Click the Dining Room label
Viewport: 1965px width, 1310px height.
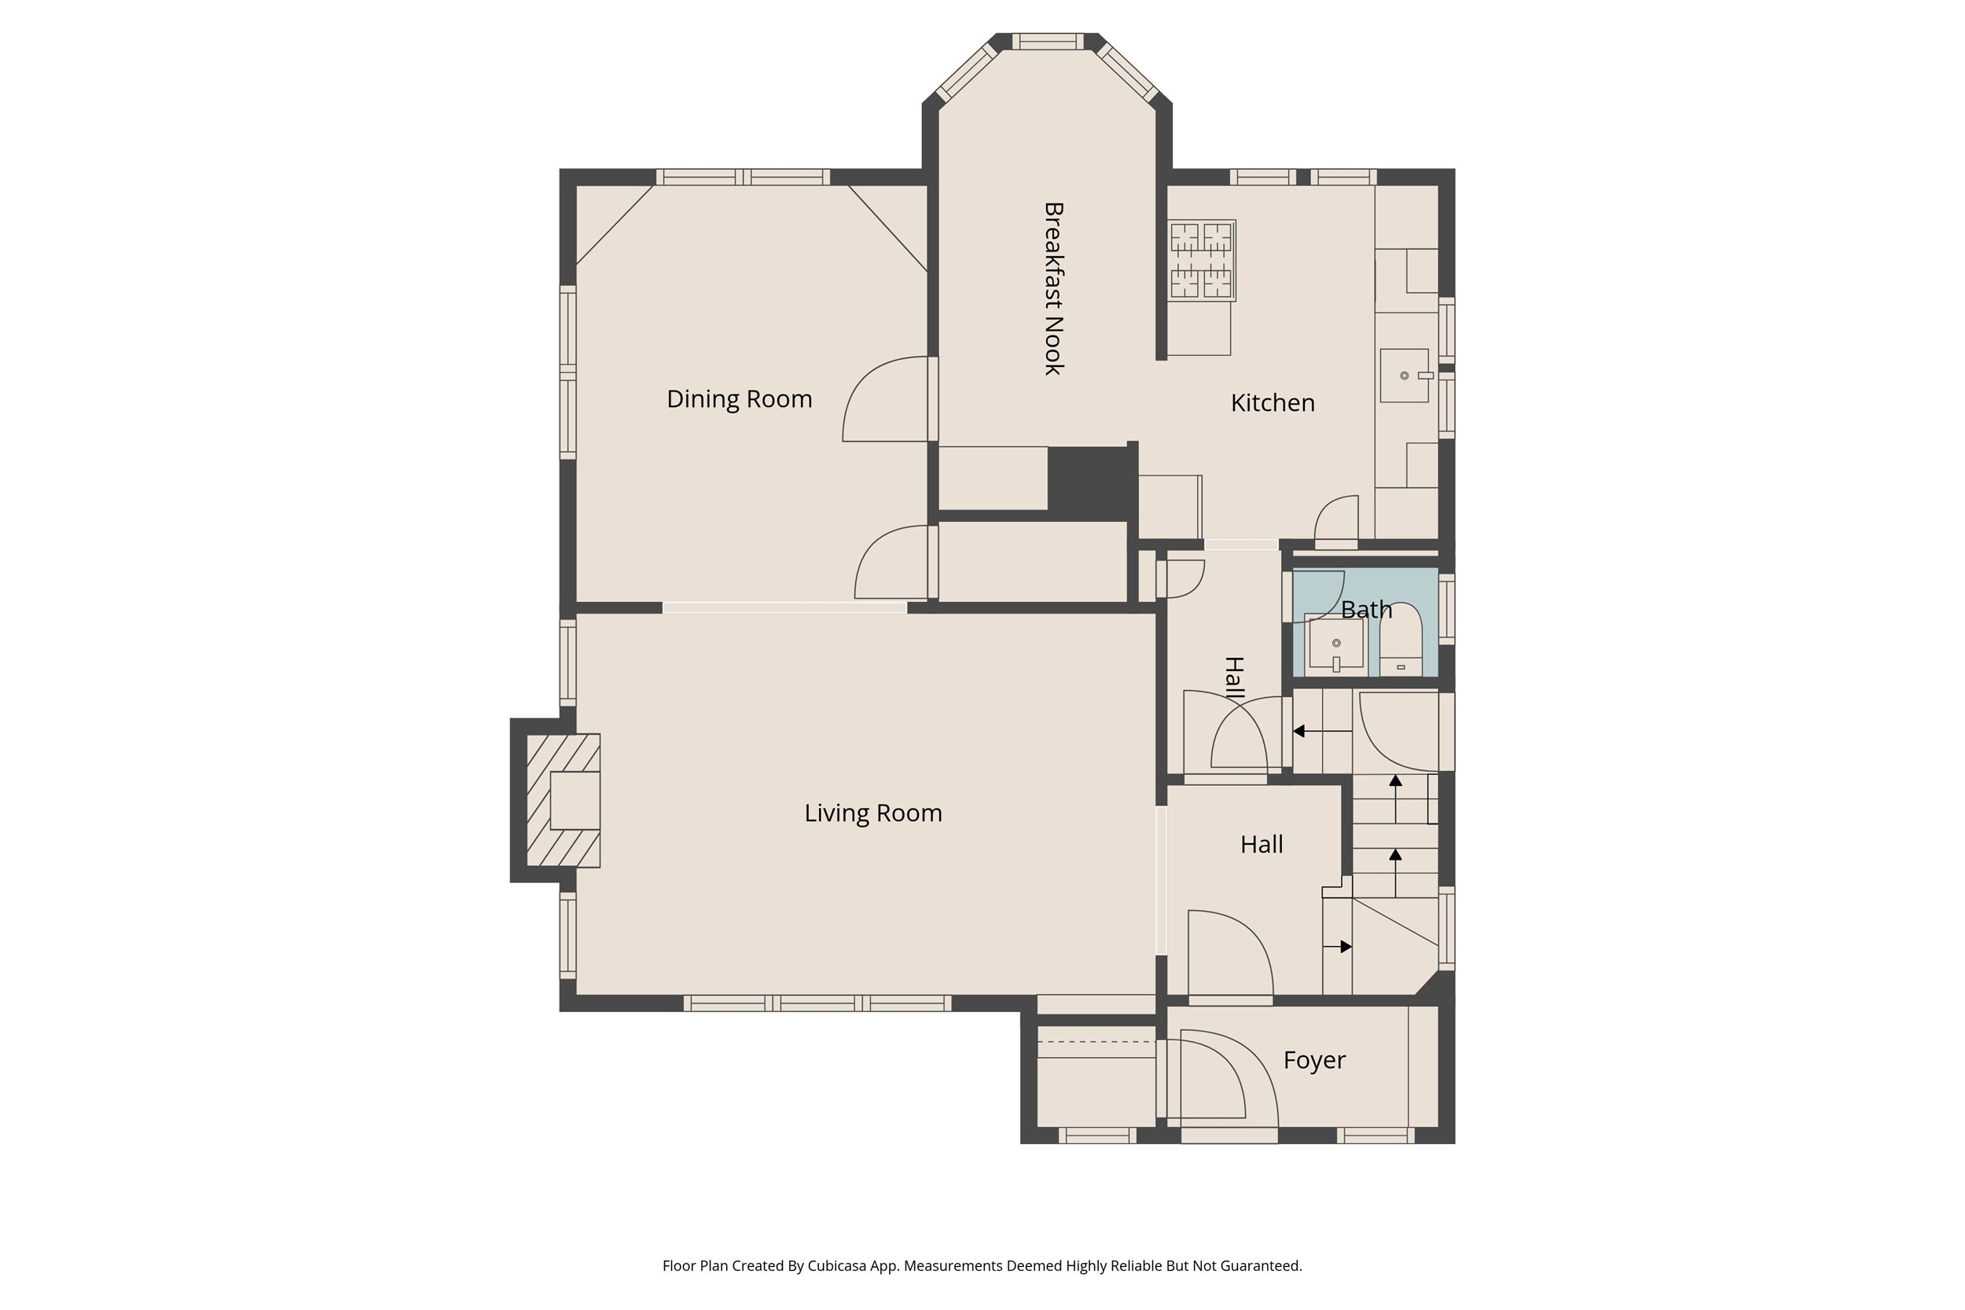click(x=740, y=399)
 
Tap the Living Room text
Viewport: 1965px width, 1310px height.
click(x=873, y=813)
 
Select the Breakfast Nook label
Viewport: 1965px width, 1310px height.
click(x=1053, y=288)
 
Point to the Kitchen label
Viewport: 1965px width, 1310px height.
click(x=1273, y=402)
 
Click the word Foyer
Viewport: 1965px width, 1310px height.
click(x=1314, y=1060)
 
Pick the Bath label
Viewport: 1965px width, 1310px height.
click(x=1366, y=610)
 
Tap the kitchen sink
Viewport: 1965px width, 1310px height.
click(x=1405, y=376)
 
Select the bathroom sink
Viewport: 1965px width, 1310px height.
click(x=1336, y=644)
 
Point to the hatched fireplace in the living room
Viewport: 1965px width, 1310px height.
click(x=563, y=800)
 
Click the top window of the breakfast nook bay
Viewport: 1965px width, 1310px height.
click(x=1048, y=42)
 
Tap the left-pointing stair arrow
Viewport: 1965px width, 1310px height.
click(x=1323, y=731)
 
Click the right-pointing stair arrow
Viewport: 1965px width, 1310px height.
click(x=1338, y=947)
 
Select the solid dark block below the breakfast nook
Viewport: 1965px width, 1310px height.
click(x=1089, y=483)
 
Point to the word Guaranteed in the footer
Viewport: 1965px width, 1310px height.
click(x=1260, y=1266)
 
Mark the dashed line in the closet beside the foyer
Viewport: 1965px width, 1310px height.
click(x=1096, y=1042)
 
